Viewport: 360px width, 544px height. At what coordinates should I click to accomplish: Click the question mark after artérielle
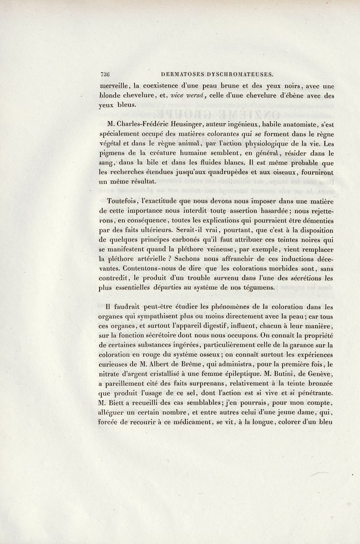192,259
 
